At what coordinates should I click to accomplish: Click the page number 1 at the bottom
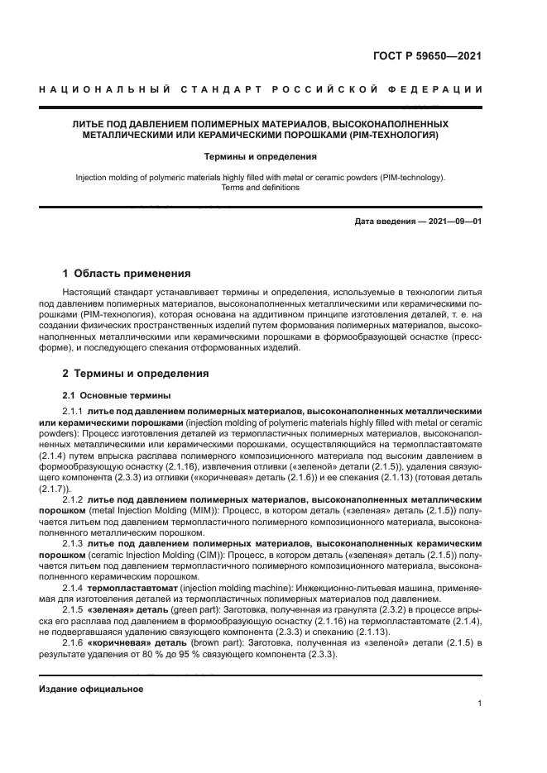(x=479, y=704)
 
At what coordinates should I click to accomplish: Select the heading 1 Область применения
(x=127, y=273)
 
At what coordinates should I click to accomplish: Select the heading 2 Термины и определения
(x=136, y=374)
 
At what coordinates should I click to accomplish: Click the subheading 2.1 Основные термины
(x=106, y=394)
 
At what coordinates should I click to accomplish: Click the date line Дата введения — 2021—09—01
(x=418, y=221)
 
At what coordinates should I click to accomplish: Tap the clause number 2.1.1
(x=73, y=411)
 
